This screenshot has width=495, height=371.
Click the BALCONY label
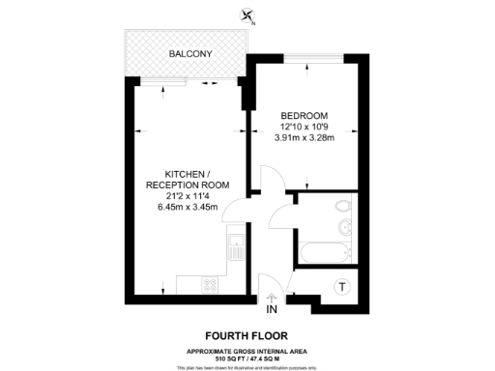(190, 54)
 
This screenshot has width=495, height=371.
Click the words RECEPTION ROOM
(188, 185)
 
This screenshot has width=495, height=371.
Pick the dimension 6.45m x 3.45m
(188, 207)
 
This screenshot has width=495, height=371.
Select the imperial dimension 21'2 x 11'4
(188, 196)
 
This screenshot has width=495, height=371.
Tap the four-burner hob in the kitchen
(210, 284)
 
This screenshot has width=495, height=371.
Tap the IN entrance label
(272, 309)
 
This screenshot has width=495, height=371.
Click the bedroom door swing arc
(275, 178)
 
